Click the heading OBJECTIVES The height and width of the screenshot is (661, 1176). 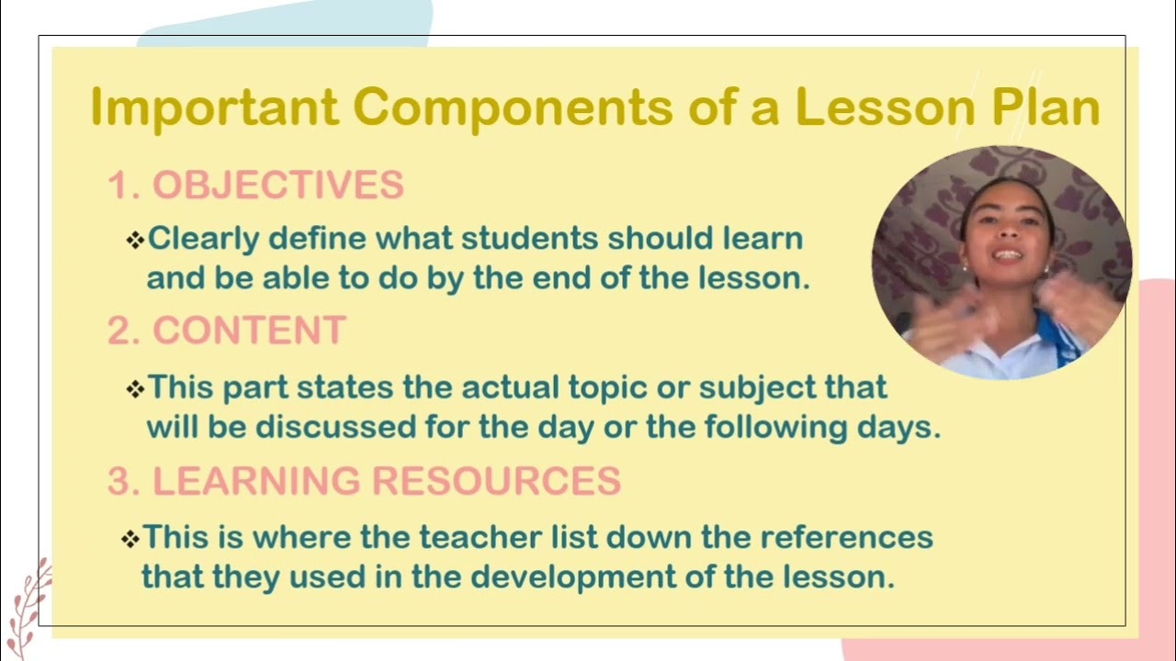pyautogui.click(x=277, y=185)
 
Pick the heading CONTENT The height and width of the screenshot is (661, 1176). pyautogui.click(x=249, y=330)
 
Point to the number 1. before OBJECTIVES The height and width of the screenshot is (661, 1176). pyautogui.click(x=123, y=185)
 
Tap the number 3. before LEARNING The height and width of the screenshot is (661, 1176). pyautogui.click(x=123, y=481)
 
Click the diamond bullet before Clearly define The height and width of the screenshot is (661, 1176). pyautogui.click(x=135, y=241)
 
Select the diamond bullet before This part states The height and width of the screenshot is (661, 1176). pyautogui.click(x=135, y=388)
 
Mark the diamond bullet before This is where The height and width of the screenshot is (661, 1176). pyautogui.click(x=130, y=538)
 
